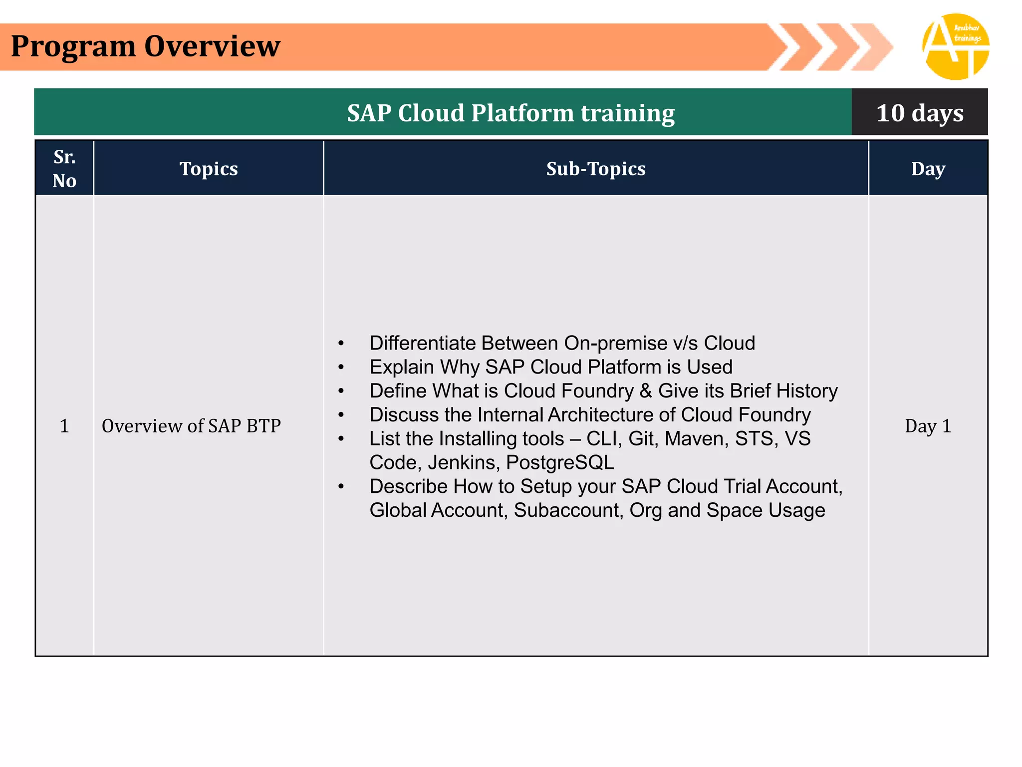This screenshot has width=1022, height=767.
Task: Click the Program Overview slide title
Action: [x=145, y=46]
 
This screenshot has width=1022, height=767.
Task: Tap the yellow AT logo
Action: [x=955, y=47]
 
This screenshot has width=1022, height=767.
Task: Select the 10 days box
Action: [x=919, y=112]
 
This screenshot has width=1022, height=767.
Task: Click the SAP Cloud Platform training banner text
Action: [x=511, y=113]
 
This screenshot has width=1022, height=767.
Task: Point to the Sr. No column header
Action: [x=64, y=168]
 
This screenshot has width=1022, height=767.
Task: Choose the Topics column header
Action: [x=209, y=169]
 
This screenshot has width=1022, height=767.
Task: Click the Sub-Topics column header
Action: [x=596, y=169]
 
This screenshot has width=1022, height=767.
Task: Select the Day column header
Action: [x=928, y=169]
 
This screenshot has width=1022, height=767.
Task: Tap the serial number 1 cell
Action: [x=64, y=426]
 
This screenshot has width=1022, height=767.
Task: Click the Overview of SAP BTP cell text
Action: [x=191, y=426]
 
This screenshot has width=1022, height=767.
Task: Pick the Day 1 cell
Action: [x=928, y=426]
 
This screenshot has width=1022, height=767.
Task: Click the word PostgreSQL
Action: [x=560, y=463]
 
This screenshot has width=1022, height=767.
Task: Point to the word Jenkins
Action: [x=463, y=463]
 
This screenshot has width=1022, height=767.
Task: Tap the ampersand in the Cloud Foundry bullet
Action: [x=645, y=391]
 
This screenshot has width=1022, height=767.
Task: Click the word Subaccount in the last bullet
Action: [x=568, y=510]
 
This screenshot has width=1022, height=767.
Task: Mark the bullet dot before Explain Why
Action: [x=341, y=368]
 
